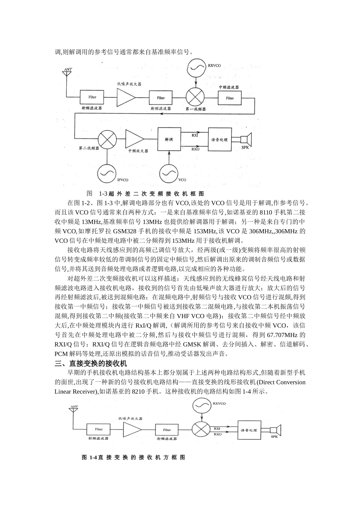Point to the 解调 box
[x=169, y=139]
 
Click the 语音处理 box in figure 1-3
[x=220, y=140]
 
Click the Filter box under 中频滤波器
[x=230, y=98]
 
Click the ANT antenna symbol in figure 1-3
[x=68, y=72]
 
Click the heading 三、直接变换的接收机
[x=91, y=364]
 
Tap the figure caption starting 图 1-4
[x=133, y=457]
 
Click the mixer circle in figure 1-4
[x=201, y=430]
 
